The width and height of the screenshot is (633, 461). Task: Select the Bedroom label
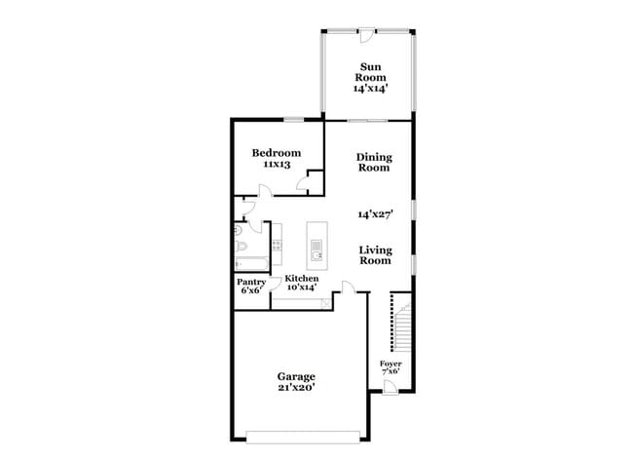point(276,153)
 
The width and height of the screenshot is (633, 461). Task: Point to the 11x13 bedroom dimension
point(276,166)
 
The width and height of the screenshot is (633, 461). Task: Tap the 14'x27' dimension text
point(373,213)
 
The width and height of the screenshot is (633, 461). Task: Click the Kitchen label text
point(301,279)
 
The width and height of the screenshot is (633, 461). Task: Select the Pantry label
point(251,282)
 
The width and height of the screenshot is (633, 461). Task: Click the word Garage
point(295,376)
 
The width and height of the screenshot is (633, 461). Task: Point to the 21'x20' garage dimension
point(295,388)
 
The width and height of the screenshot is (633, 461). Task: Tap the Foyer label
point(391,364)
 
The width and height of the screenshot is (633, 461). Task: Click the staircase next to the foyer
point(399,323)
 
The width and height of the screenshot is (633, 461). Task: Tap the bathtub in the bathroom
point(251,262)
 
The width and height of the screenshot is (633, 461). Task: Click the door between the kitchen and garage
point(346,288)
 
